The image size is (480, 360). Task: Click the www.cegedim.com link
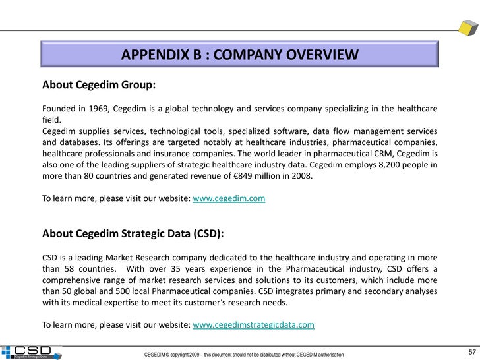tap(229, 198)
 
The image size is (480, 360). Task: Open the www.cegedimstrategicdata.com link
tap(253, 324)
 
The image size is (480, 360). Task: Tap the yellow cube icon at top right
tap(469, 28)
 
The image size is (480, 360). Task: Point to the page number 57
tap(471, 350)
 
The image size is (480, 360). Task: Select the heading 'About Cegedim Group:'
tap(99, 85)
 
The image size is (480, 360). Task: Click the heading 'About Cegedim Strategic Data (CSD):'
tap(133, 233)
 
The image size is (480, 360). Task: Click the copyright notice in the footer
tap(244, 355)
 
